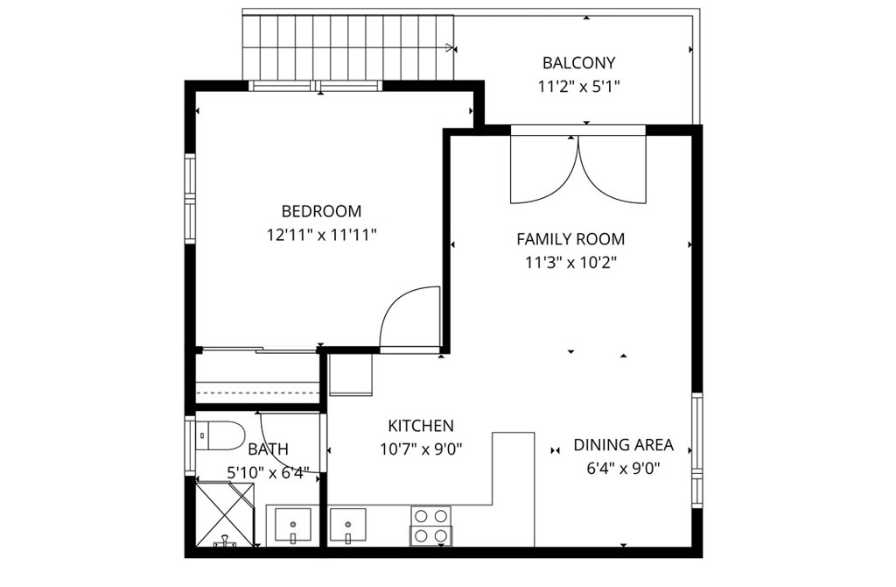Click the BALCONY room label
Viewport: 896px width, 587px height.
578,63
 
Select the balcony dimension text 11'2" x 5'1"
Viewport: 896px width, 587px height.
578,87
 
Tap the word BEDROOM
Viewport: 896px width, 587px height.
321,211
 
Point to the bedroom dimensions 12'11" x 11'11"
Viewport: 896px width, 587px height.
321,235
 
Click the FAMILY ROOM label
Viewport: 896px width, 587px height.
570,238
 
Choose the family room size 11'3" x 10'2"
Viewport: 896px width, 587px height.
570,262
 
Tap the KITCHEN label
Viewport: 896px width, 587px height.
421,427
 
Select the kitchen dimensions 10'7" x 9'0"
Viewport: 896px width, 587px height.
421,449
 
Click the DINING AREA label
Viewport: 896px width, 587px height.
623,445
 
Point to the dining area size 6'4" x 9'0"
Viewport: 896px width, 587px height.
623,468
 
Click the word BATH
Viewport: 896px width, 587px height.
268,449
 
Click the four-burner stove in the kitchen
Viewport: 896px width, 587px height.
430,526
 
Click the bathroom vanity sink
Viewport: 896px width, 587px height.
293,526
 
